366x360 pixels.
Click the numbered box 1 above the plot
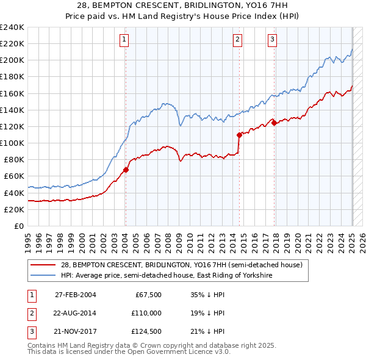click(x=124, y=40)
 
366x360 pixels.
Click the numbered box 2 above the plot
click(x=237, y=40)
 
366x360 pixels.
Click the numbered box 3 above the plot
click(x=272, y=40)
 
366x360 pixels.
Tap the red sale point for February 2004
click(x=126, y=170)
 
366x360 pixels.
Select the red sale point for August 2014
click(x=239, y=135)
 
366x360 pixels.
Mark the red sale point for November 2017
click(x=274, y=123)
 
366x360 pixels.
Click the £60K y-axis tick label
click(x=14, y=176)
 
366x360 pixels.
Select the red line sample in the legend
click(x=45, y=265)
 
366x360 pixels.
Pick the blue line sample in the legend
click(x=45, y=275)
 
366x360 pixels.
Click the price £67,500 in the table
click(x=148, y=295)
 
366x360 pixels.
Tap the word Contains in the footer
click(x=41, y=345)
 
